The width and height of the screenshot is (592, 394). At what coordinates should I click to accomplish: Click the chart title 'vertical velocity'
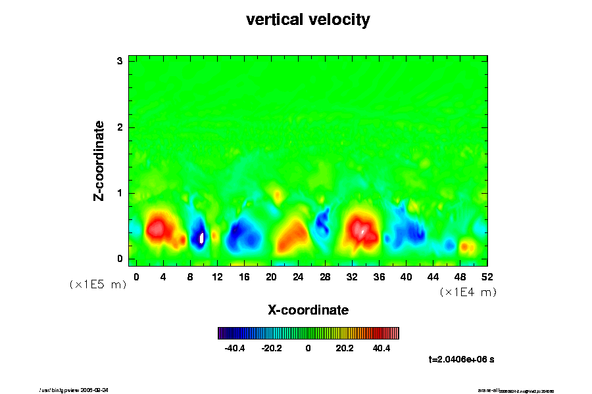[x=308, y=20]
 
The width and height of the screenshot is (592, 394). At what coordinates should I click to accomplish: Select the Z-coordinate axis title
[x=99, y=160]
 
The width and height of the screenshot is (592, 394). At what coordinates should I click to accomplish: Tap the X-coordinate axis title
[x=308, y=309]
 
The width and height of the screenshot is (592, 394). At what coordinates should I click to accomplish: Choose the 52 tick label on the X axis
[x=487, y=276]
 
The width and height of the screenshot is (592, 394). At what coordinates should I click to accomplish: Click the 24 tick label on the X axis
[x=298, y=276]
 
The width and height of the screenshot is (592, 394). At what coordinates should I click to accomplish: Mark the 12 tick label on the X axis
[x=217, y=276]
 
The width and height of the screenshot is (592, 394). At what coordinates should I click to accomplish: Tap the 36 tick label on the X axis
[x=379, y=276]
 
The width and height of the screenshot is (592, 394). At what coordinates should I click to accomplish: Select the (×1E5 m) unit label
[x=99, y=284]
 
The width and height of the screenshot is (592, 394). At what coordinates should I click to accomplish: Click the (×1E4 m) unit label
[x=468, y=292]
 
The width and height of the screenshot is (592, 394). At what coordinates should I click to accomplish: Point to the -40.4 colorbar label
[x=235, y=348]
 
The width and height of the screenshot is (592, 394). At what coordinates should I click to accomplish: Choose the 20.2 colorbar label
[x=345, y=348]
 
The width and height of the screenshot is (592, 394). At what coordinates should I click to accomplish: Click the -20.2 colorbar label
[x=272, y=348]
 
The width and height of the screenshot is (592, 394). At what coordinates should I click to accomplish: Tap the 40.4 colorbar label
[x=382, y=348]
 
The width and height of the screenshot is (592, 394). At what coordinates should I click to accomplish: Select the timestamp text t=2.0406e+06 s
[x=466, y=359]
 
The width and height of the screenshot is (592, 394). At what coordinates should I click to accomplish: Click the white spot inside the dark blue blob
[x=202, y=237]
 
